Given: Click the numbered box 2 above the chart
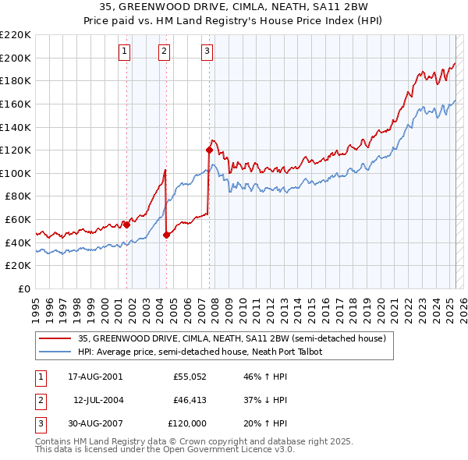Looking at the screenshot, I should click(165, 52).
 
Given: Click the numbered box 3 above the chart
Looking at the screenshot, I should click(207, 52).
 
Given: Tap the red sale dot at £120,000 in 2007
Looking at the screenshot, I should click(209, 150).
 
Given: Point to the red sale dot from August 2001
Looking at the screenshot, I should click(126, 225).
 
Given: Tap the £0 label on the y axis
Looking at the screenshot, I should click(23, 288).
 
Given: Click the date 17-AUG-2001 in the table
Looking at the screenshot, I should click(96, 376).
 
